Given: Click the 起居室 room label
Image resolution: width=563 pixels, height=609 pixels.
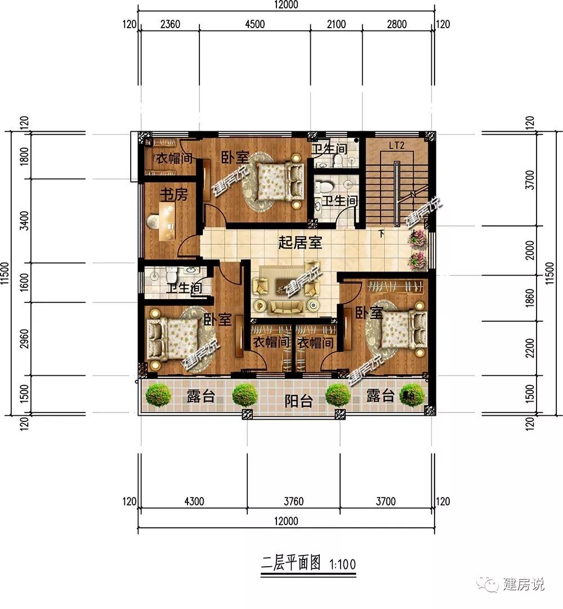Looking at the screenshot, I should (301, 243).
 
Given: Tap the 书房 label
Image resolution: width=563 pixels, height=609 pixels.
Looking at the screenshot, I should (173, 195).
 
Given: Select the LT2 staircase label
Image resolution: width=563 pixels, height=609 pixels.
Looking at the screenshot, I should (397, 146).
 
